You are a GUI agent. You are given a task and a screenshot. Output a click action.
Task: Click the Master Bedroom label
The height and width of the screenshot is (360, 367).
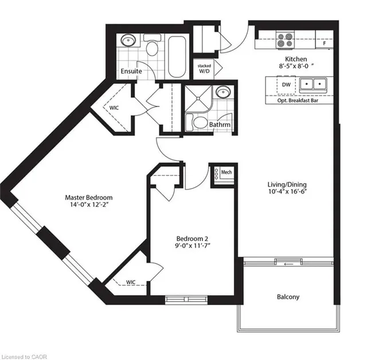(x=89, y=197)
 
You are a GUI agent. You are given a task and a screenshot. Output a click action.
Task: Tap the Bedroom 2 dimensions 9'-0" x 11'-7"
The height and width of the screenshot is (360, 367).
(x=193, y=246)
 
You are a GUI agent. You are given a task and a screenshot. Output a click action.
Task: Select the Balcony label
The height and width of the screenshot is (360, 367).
(x=288, y=297)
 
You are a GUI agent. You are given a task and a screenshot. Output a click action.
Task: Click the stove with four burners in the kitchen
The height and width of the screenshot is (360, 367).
(x=285, y=40)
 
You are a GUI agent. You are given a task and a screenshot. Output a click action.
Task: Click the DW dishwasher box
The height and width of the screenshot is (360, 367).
(x=286, y=85)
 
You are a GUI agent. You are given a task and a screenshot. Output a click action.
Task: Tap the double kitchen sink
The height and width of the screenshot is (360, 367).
(x=313, y=84)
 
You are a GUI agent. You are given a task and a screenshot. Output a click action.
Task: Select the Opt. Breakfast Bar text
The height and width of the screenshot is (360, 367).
(x=298, y=101)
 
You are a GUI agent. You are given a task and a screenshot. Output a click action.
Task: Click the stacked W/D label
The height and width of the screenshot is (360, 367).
(x=204, y=69)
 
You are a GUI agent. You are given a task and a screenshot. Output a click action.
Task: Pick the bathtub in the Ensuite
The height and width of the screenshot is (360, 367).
(x=177, y=57)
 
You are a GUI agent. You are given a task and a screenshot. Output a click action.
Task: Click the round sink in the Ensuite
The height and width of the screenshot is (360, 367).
(x=128, y=41)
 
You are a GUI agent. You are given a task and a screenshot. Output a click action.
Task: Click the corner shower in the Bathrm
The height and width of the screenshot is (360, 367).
(x=198, y=99)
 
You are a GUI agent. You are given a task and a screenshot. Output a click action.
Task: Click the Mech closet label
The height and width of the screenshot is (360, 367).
(x=227, y=172)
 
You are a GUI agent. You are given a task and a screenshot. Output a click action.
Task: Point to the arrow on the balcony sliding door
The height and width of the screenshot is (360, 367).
(x=288, y=264)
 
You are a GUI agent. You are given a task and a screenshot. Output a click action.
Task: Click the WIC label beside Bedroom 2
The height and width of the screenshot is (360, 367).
(x=131, y=282)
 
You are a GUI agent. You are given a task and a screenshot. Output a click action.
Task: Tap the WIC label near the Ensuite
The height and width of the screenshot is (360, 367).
(x=114, y=108)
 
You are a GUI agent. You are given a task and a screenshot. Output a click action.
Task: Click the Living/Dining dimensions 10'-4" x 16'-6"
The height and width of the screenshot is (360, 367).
(x=287, y=192)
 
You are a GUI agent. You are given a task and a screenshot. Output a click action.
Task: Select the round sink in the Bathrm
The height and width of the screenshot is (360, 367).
(x=223, y=92)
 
